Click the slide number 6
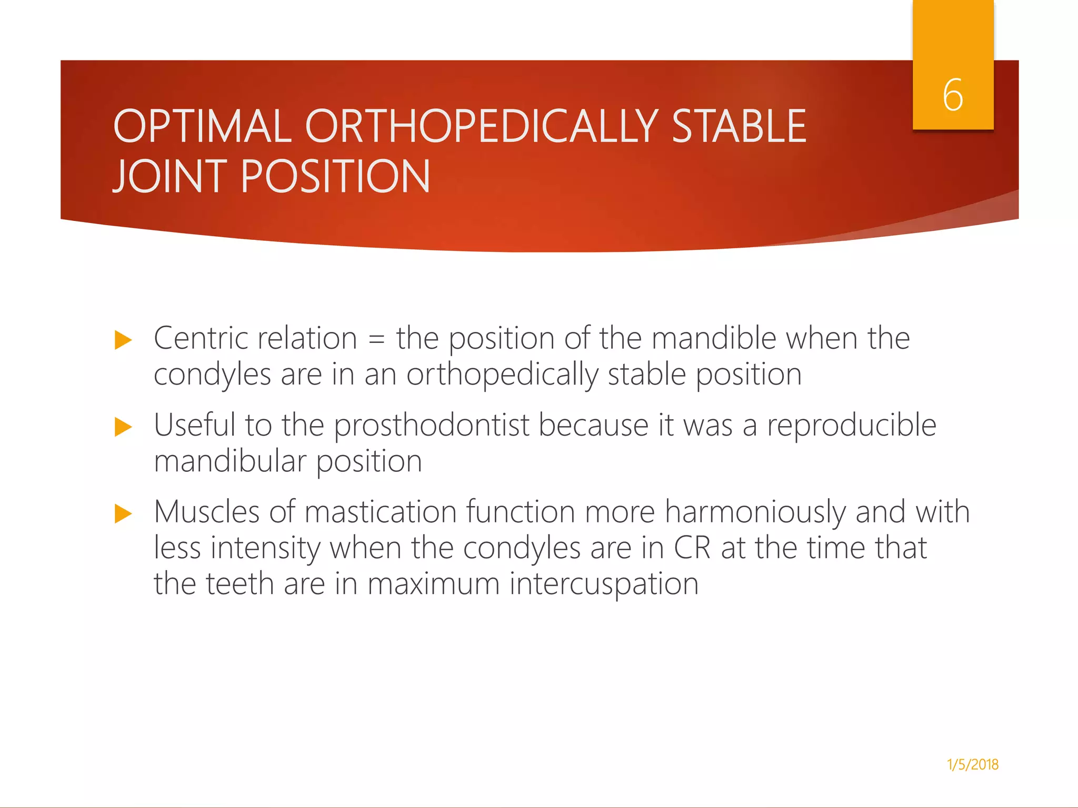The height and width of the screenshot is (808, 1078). point(953,95)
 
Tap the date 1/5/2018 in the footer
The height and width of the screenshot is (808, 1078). point(972,764)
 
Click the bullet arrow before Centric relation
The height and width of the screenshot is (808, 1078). point(123,340)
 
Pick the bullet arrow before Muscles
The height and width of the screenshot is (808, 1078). point(123,513)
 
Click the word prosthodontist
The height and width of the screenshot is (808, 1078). point(432,426)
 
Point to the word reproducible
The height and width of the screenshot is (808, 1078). point(851,426)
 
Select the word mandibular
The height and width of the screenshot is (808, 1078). point(230,461)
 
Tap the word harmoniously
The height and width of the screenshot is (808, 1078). point(754,512)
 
